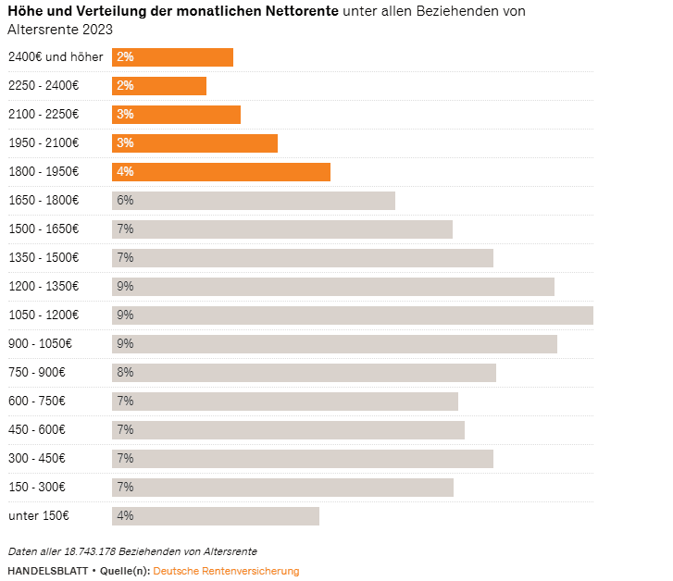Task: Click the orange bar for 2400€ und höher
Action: point(173,57)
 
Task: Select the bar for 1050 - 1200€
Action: point(352,315)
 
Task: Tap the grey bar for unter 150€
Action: point(216,516)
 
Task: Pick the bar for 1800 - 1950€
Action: point(221,172)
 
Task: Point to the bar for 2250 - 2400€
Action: point(159,86)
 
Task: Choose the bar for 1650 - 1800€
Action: point(254,201)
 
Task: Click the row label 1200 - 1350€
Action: point(44,287)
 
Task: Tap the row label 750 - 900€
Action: point(38,373)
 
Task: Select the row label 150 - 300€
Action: point(38,488)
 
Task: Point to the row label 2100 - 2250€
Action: point(44,115)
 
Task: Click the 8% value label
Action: point(125,373)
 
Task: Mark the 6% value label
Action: point(125,201)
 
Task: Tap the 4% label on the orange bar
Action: point(125,172)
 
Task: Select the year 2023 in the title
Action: point(96,30)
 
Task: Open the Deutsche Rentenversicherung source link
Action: point(226,571)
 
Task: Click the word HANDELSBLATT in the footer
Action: point(47,571)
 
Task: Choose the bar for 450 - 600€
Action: point(288,430)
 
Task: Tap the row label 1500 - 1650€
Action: point(44,229)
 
